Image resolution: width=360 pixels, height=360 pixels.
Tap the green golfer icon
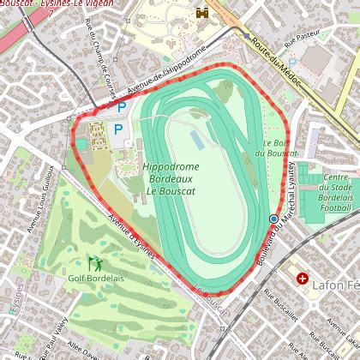93,262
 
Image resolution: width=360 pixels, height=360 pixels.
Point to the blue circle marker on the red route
273,219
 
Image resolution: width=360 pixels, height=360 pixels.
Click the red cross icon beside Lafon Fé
302,279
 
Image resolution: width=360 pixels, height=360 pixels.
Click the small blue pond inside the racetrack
197,137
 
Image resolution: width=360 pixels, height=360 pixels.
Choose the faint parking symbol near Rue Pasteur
292,63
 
